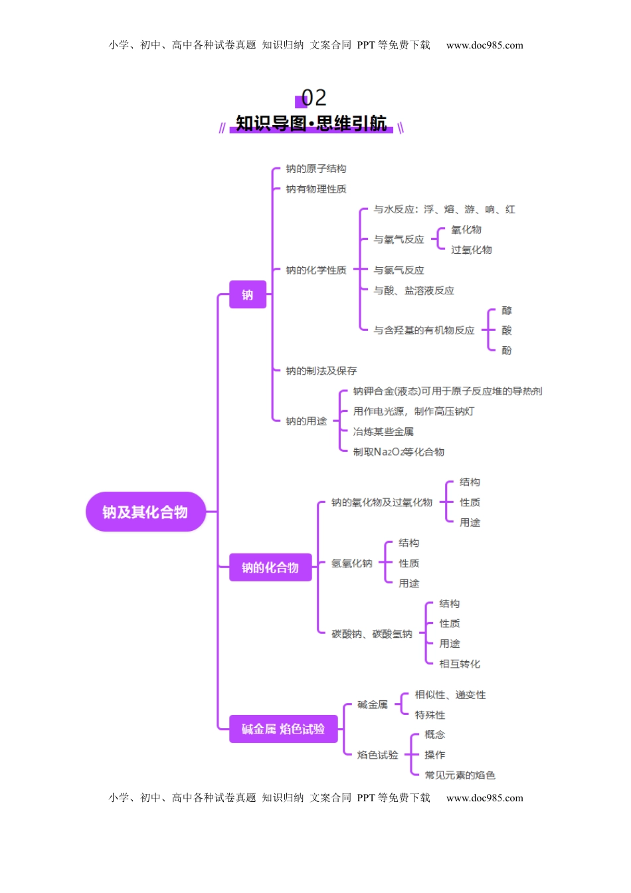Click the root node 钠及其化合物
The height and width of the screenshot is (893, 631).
(145, 512)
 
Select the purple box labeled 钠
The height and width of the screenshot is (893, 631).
(248, 294)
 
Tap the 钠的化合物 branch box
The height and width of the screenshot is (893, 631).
(270, 567)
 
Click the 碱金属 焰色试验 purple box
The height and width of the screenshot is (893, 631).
(283, 729)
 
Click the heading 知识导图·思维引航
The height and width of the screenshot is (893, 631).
(311, 124)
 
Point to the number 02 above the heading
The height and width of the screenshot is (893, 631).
(314, 98)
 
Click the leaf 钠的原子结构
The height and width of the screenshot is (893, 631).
(316, 169)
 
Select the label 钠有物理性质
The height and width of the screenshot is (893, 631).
(316, 189)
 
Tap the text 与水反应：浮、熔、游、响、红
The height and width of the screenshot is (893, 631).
(444, 209)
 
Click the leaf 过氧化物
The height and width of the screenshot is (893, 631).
(472, 250)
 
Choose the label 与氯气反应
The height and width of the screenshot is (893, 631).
(399, 270)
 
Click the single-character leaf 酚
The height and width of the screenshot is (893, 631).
(507, 351)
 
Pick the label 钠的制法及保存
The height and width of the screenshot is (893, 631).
(321, 371)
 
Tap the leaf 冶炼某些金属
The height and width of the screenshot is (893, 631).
(383, 432)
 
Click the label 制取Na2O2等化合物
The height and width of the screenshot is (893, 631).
(399, 452)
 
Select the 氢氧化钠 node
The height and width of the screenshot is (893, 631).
(352, 563)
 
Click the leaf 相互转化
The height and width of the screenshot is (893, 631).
(460, 664)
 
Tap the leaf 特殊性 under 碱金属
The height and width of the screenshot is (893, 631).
(430, 715)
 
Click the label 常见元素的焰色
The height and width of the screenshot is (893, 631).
(460, 775)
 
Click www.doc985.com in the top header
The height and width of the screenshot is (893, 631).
(485, 45)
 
